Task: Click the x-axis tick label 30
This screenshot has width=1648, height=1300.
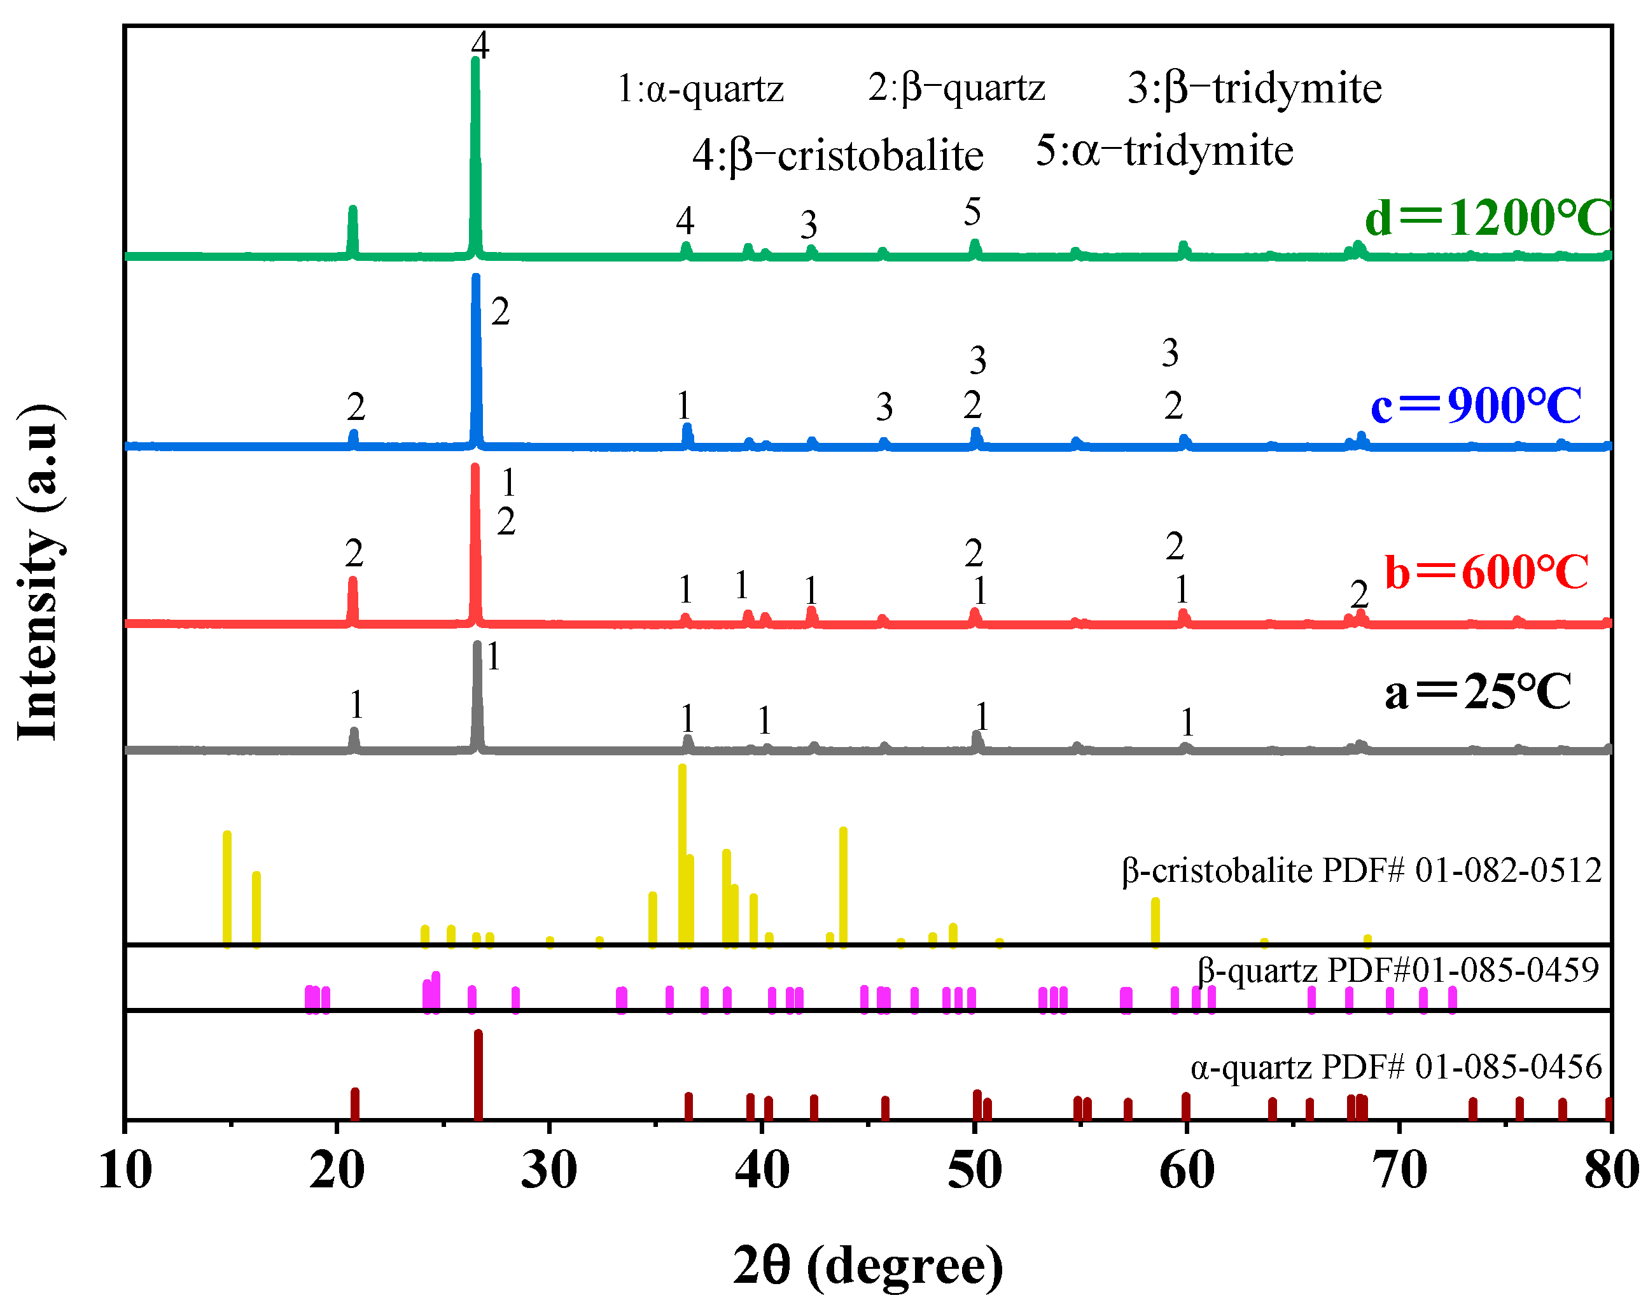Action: click(549, 1171)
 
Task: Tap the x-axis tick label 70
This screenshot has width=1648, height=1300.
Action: click(1399, 1171)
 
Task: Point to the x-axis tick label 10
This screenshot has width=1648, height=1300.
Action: click(125, 1171)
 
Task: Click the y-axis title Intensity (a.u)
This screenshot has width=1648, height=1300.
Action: click(38, 571)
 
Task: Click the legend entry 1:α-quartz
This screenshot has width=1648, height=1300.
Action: click(701, 90)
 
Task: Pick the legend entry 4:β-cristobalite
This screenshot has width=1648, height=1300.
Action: click(837, 156)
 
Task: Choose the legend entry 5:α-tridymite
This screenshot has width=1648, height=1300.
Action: click(1164, 151)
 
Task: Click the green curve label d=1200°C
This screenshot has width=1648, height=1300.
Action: click(1488, 218)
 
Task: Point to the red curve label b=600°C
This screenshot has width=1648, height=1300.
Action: click(1486, 572)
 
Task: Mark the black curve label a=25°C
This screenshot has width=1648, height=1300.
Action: click(1477, 692)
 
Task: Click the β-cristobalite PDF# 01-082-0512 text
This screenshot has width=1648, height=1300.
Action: click(1361, 870)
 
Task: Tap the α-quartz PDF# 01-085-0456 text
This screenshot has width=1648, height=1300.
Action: click(1396, 1066)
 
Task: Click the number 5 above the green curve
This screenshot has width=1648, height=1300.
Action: click(972, 213)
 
